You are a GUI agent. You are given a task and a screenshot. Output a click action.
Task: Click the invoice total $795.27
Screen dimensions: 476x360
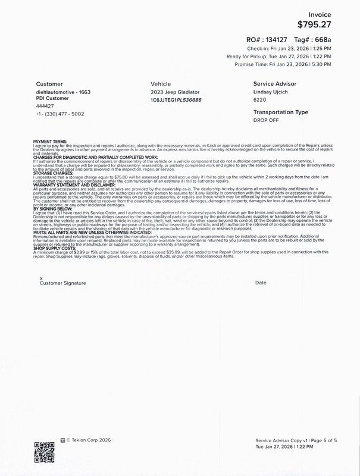[x=314, y=24]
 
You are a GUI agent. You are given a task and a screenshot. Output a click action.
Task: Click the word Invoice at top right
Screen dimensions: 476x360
[x=320, y=14]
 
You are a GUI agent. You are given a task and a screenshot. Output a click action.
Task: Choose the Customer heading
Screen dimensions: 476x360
[x=49, y=84]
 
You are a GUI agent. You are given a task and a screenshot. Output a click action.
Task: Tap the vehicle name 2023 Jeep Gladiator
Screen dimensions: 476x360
[x=175, y=92]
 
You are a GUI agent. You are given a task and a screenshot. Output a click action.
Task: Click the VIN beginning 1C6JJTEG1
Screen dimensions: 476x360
[x=176, y=99]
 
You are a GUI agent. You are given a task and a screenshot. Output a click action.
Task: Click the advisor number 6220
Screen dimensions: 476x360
[x=260, y=100]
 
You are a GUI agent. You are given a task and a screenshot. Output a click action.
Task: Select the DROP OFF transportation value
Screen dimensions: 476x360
[x=265, y=120]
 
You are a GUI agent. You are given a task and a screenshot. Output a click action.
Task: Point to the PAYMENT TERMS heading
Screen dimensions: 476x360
[x=51, y=141]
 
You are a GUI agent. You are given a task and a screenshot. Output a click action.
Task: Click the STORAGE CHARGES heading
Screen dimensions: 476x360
[x=52, y=173]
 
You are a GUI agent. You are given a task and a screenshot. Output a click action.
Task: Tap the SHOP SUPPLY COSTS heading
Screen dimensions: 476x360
[x=54, y=249]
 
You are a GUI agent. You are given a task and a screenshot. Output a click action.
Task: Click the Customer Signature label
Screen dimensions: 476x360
[x=58, y=283]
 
